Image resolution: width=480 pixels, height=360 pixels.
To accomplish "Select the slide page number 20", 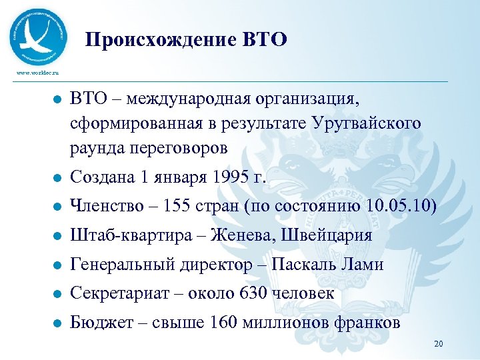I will click(438, 344).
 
